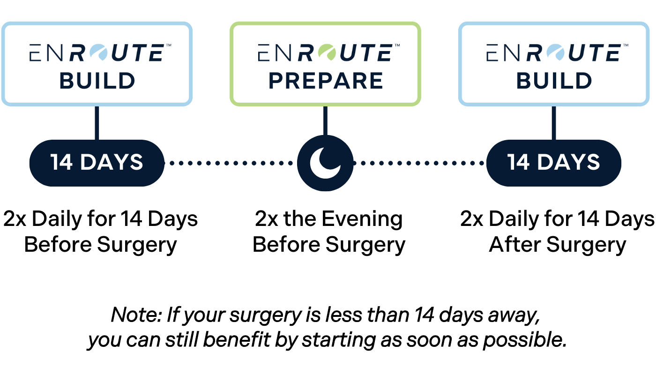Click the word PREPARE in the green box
coord(326,81)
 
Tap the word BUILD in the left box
coord(97,81)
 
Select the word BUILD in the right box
coord(554,81)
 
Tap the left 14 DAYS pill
coord(97,163)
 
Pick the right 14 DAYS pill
coord(554,163)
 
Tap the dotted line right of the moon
coord(419,163)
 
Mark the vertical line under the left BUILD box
coord(97,123)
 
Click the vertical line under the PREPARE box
coord(325,120)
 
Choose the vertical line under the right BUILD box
coord(554,123)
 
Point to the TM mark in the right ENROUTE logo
coord(625,45)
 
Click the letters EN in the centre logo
coord(275,53)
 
